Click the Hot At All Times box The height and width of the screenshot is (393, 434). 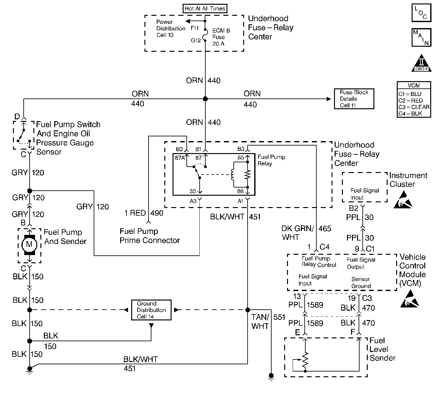click(x=205, y=9)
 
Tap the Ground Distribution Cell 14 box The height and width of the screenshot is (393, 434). click(x=151, y=310)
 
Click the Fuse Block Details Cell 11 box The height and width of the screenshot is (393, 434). click(x=354, y=99)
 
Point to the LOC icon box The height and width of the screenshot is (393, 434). click(x=421, y=13)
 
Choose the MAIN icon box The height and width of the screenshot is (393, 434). click(x=421, y=37)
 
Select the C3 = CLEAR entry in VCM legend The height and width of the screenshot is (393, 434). click(x=414, y=107)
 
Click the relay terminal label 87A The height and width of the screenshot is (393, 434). click(x=180, y=158)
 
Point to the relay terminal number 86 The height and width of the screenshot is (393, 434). click(x=240, y=191)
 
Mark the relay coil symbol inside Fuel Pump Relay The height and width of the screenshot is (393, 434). click(x=233, y=174)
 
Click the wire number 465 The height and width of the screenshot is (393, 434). click(x=325, y=229)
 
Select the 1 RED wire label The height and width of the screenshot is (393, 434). click(x=135, y=213)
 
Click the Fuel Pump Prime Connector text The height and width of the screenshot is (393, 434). click(x=150, y=236)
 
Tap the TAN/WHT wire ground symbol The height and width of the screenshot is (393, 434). click(x=271, y=376)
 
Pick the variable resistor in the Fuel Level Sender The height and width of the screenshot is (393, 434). click(x=305, y=360)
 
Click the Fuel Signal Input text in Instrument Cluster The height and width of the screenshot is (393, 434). click(x=364, y=194)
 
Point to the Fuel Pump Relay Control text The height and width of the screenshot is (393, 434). click(x=319, y=262)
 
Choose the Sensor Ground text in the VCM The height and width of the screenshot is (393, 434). click(x=361, y=283)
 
